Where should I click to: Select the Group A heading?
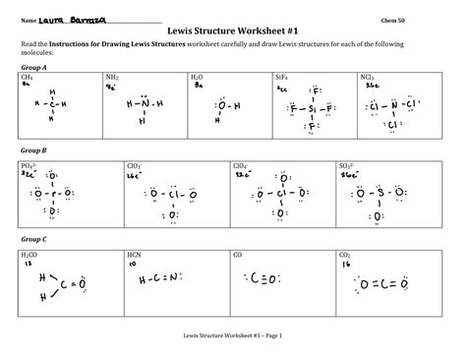[x=35, y=65]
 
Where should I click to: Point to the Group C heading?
[x=35, y=239]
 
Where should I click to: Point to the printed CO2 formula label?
[x=346, y=254]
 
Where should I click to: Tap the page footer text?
[x=232, y=335]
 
